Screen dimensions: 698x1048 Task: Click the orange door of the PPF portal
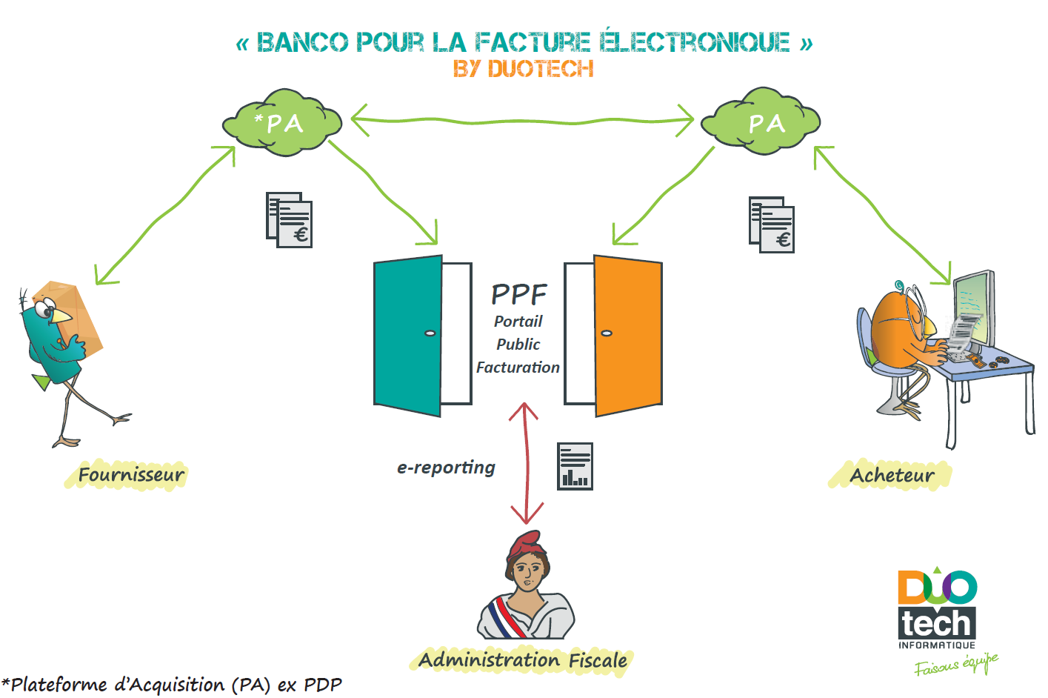point(628,335)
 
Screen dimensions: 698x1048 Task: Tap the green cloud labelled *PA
point(281,122)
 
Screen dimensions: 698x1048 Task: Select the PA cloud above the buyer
point(761,122)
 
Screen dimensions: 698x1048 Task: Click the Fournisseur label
point(131,475)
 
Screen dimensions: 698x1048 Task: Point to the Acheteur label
point(892,475)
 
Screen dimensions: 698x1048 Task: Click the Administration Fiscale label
point(523,659)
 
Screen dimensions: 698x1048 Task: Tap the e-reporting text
point(446,468)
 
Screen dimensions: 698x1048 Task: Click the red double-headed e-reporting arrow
point(527,463)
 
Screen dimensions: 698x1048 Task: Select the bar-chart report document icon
point(575,466)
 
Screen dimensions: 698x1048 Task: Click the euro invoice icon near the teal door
point(290,220)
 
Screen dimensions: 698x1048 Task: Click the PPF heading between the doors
point(518,294)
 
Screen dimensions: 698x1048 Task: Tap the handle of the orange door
point(607,333)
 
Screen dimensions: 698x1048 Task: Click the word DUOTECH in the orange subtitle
point(541,69)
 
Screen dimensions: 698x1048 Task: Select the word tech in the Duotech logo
point(936,624)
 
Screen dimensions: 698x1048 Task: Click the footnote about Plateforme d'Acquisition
point(172,684)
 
